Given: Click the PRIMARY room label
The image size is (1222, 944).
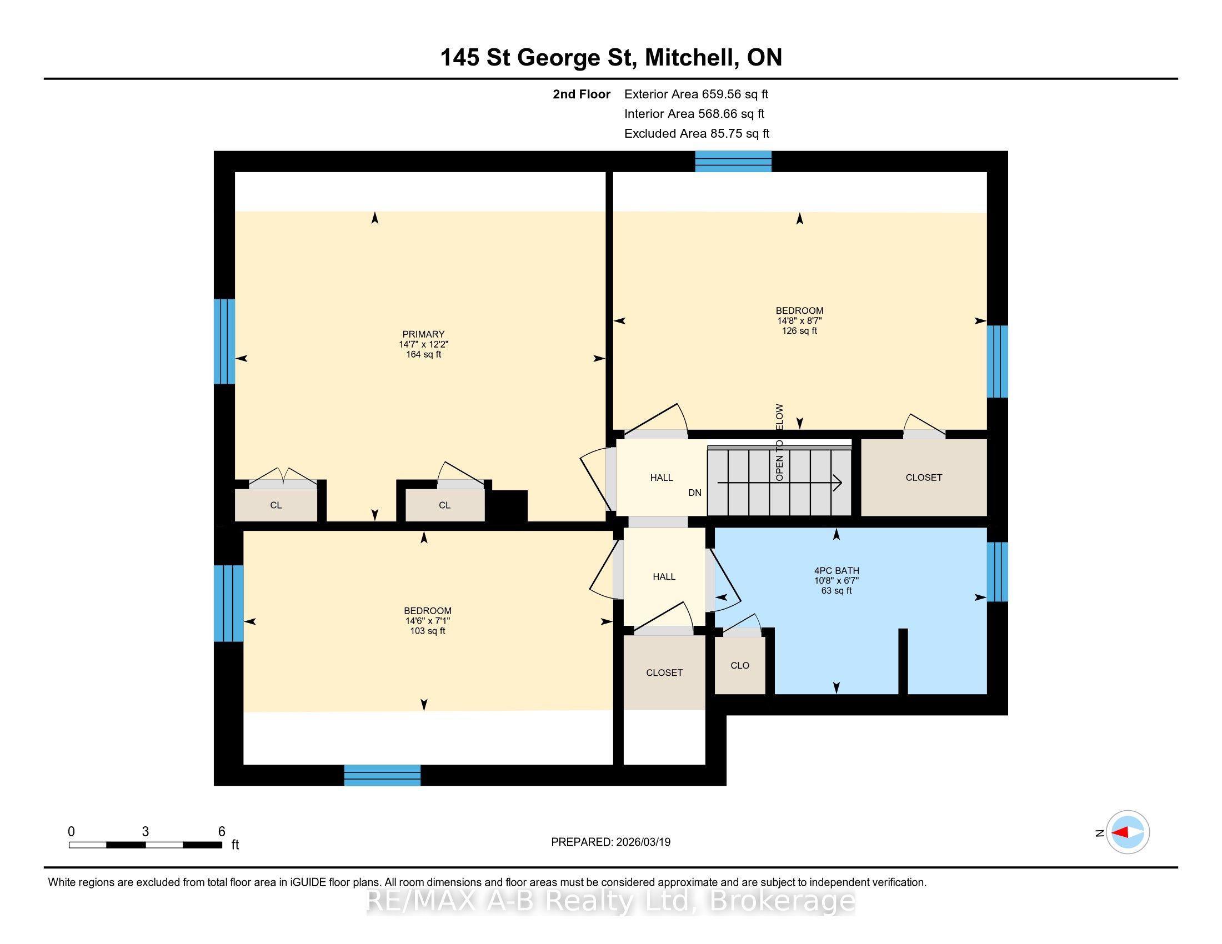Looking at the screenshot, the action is click(423, 334).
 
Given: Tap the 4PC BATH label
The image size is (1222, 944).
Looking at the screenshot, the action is click(837, 571).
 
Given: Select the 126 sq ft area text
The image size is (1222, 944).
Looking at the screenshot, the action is click(799, 330).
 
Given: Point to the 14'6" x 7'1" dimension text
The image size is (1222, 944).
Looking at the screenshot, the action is click(428, 621).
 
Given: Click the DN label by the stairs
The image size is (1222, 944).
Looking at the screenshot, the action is click(695, 493).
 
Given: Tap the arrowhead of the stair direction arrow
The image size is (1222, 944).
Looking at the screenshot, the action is click(838, 482).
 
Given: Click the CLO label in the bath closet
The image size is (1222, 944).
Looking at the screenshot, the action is click(740, 665).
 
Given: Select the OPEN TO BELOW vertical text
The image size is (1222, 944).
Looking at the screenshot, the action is click(779, 443).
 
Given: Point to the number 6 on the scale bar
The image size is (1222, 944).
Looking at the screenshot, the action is click(222, 832).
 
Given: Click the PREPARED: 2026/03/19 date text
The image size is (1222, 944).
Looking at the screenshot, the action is click(610, 842).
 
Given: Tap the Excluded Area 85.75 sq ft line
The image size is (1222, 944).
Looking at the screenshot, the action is click(697, 134).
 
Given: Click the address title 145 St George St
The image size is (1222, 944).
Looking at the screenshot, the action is click(538, 58).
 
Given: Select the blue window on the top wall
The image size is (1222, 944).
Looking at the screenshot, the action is click(733, 161).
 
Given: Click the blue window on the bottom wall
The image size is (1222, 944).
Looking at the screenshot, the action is click(382, 775).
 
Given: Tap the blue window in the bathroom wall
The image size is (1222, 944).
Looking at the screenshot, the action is click(997, 571).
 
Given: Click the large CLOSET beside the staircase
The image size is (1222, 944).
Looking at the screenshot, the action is click(924, 478).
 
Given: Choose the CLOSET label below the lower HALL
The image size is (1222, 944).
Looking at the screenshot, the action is click(664, 673).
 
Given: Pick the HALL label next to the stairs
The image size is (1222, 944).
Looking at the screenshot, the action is click(662, 478).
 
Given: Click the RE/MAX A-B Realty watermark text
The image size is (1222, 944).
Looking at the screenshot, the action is click(611, 900).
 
